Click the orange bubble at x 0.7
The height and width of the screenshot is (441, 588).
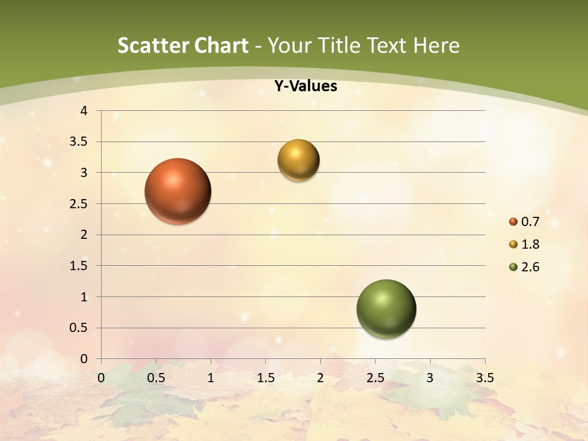point(178,191)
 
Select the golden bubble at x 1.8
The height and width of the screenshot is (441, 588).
point(298,160)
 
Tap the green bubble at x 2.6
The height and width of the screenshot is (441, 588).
point(386,309)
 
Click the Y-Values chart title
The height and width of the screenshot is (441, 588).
point(306,86)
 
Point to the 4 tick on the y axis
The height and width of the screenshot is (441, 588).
point(84,111)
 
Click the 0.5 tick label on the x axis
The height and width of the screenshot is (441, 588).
point(156,378)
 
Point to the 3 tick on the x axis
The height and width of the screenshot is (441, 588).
point(430,378)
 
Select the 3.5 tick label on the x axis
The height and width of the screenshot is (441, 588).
point(484,378)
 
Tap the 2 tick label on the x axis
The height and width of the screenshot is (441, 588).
point(320,378)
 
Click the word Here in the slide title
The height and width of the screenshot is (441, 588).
point(436,45)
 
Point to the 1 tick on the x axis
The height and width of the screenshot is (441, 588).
point(211,378)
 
